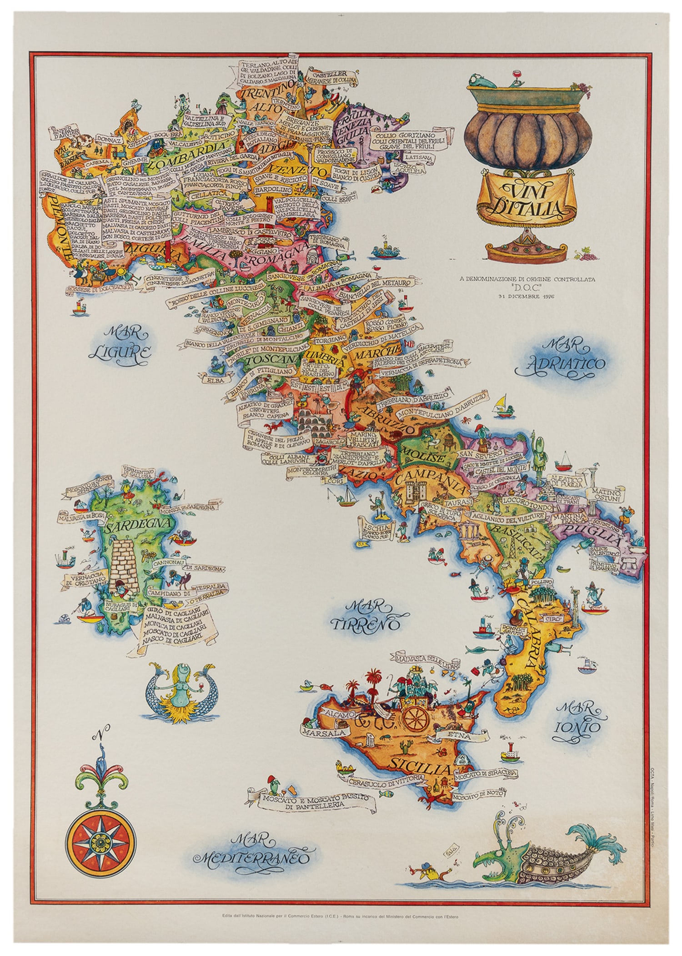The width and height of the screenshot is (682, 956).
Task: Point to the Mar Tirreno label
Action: (364, 615)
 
